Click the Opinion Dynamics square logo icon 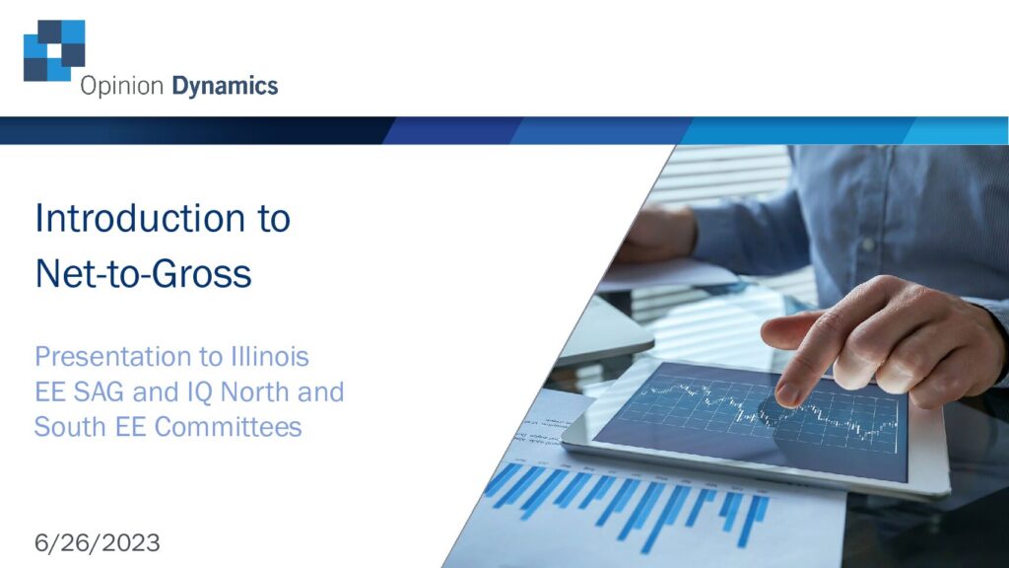(x=54, y=50)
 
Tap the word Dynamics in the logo (x=225, y=87)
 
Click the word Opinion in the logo (x=121, y=87)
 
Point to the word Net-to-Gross (x=143, y=274)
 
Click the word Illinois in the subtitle (x=270, y=356)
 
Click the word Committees (x=228, y=426)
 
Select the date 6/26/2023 (x=98, y=543)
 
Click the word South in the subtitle (x=71, y=426)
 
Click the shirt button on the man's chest (x=869, y=245)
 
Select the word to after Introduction (x=274, y=219)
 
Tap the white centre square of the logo (x=54, y=51)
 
